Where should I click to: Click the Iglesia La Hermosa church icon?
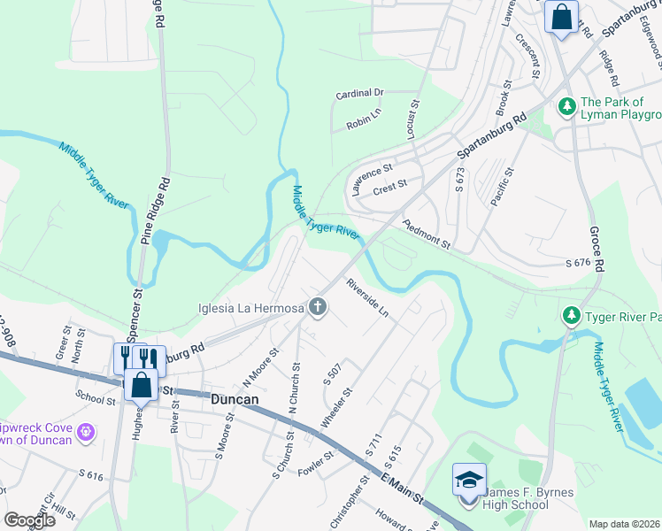pos(318,308)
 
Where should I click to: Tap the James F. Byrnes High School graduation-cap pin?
pos(469,480)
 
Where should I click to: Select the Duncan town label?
pos(235,400)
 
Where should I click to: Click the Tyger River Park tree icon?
pos(572,315)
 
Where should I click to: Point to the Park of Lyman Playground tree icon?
pos(566,107)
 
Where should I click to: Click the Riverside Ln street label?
pos(367,299)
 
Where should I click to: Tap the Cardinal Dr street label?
pos(359,92)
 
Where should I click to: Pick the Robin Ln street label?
pos(363,123)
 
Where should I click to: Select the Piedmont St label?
pos(427,235)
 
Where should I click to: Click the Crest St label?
pos(389,185)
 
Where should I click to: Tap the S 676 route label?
pos(577,264)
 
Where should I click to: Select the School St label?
pos(96,400)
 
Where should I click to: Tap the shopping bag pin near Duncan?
pos(142,385)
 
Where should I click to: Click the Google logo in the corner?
pos(29,520)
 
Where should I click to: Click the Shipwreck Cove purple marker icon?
pos(85,432)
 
